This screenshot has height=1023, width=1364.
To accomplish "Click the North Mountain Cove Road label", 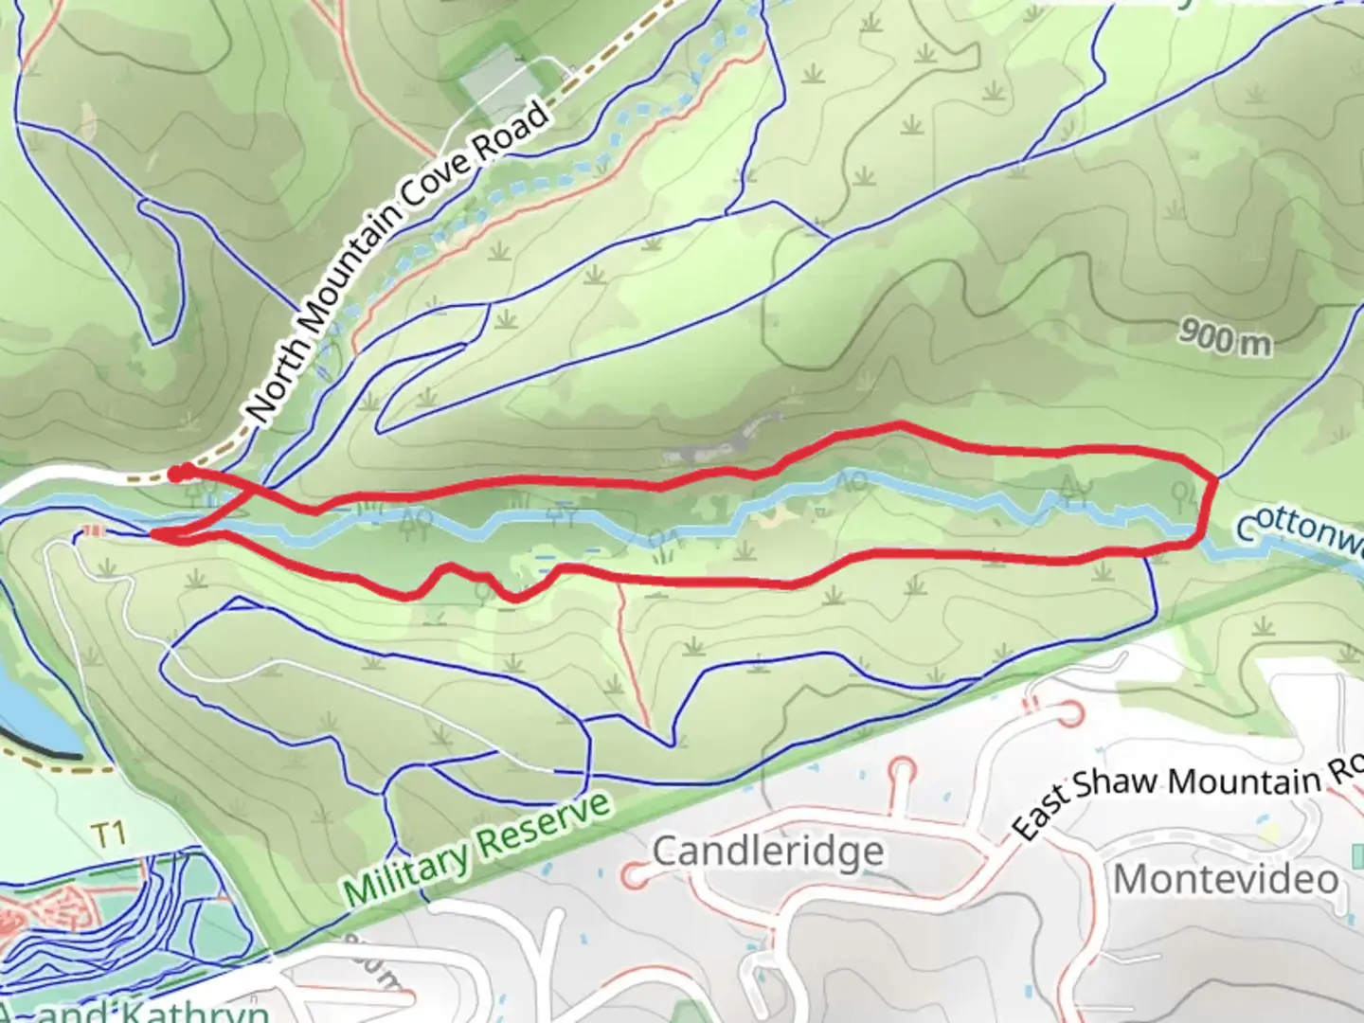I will (x=398, y=263).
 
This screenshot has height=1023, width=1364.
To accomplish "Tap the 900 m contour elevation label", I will (x=1226, y=337).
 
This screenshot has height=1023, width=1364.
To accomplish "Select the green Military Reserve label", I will (x=477, y=852).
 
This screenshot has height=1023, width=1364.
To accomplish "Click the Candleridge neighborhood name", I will (x=767, y=851).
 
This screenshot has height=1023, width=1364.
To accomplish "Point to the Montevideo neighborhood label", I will (x=1226, y=878).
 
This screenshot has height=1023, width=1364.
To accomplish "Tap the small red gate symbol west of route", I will (x=91, y=530).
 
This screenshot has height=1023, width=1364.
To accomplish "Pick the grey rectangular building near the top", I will (x=493, y=76).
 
